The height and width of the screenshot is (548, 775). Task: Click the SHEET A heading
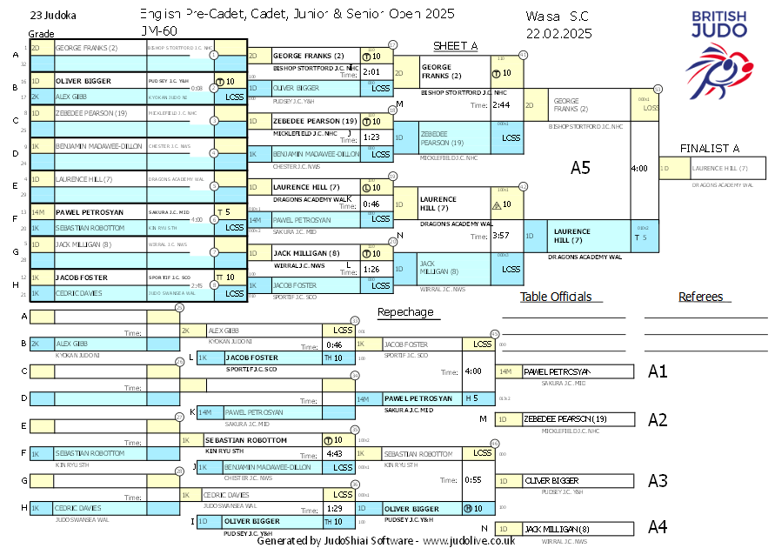point(456,46)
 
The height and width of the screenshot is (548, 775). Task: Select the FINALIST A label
point(710,149)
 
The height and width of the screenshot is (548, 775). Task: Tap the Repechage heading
point(404,311)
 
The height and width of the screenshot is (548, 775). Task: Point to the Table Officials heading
point(556,297)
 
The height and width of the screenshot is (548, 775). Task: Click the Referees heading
point(701,297)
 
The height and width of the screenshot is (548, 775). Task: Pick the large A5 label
point(580,168)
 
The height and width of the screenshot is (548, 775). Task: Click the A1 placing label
point(658,371)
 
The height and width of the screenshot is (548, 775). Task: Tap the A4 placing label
point(658,526)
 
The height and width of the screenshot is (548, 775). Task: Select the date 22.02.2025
point(558,33)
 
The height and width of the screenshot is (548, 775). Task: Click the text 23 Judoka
point(52,16)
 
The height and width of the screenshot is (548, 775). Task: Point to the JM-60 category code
point(158,31)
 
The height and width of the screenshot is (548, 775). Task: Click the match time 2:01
point(372,71)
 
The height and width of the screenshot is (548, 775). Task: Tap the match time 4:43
point(334,453)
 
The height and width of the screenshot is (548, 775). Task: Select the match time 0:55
point(473,479)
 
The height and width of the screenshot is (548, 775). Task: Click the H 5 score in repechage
point(471,398)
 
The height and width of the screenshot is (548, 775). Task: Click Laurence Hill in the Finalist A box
point(709,168)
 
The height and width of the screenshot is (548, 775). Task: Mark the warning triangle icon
point(496,205)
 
